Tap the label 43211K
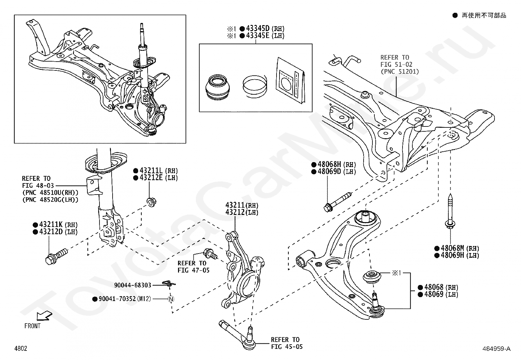coord(51,225)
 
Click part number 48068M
coord(453,249)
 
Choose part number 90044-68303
coord(133,285)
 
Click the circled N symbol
coord(171,299)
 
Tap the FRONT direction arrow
coord(44,316)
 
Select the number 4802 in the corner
coord(21,349)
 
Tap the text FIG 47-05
coord(193,270)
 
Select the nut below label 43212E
coord(151,202)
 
